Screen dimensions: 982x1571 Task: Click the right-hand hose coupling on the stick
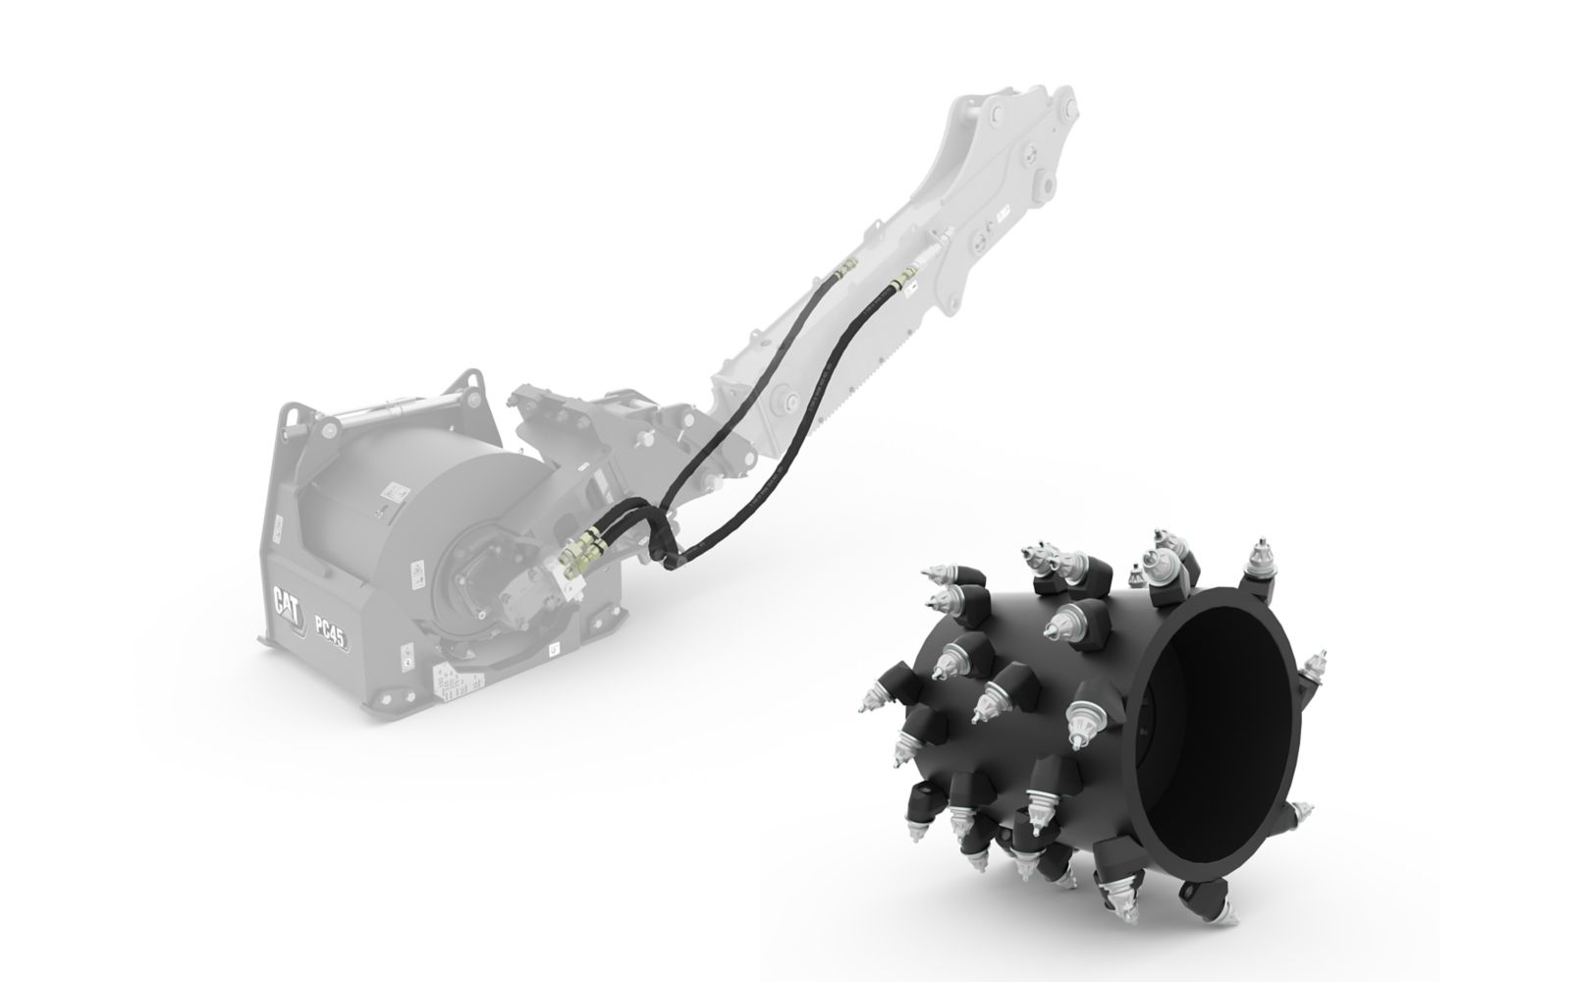pos(899,285)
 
